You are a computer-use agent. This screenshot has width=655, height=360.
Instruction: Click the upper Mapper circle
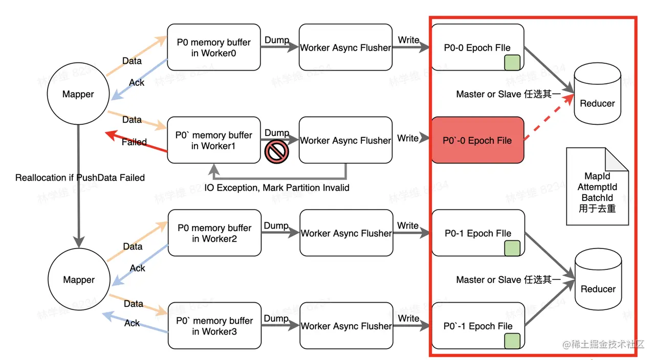click(x=78, y=94)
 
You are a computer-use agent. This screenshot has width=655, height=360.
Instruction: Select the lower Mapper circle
click(x=78, y=280)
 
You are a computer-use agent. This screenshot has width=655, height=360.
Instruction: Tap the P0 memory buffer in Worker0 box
click(x=214, y=48)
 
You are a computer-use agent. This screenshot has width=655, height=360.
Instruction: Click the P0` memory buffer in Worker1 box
click(x=214, y=140)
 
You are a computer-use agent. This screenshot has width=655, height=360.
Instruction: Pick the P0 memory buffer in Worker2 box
click(x=214, y=233)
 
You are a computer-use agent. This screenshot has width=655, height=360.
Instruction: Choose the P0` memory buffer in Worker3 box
click(x=214, y=326)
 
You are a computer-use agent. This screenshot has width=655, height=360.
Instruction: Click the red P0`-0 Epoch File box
click(x=477, y=140)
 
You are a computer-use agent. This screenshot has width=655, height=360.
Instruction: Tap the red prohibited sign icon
click(x=277, y=151)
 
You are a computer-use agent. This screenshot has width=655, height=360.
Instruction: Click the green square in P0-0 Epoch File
click(x=512, y=63)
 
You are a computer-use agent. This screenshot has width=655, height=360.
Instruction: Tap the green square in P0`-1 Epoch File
click(x=512, y=341)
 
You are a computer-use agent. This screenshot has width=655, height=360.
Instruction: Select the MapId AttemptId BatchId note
click(x=597, y=187)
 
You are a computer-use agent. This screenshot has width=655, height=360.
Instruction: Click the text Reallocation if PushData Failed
click(x=80, y=178)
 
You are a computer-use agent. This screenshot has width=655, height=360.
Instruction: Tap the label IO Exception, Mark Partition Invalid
click(x=277, y=188)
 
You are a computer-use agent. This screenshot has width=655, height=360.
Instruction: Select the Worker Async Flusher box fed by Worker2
click(x=346, y=233)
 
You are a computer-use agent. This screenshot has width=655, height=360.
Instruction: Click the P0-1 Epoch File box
click(x=477, y=233)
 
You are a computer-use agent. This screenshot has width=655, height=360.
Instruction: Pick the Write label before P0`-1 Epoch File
click(x=408, y=319)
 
